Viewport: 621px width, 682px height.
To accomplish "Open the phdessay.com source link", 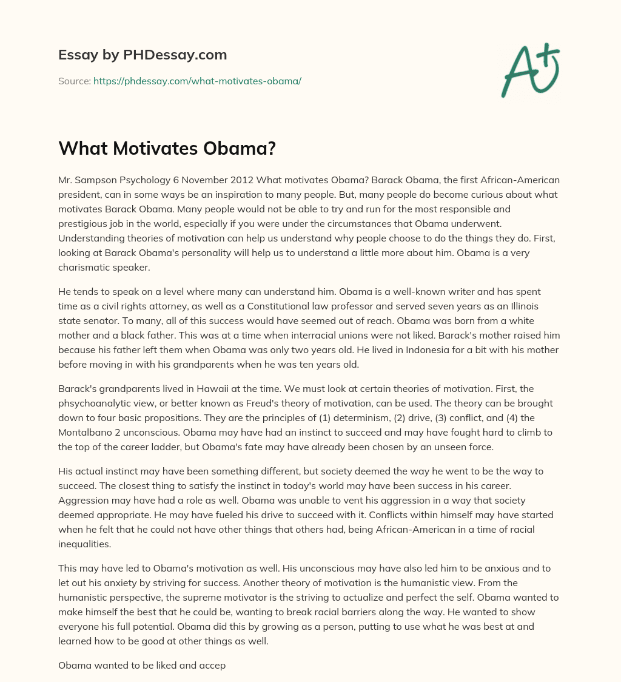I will (197, 81).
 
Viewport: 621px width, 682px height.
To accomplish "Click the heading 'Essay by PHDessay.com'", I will (143, 55).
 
